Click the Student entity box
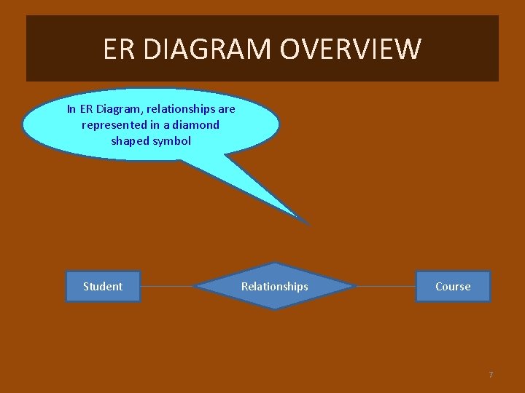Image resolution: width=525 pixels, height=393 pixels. (x=103, y=286)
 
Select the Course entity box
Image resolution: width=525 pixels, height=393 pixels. (x=453, y=286)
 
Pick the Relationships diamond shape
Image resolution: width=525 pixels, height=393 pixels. (x=275, y=286)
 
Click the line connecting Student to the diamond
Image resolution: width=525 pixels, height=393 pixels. (x=168, y=286)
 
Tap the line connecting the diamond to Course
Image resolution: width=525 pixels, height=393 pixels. (x=386, y=286)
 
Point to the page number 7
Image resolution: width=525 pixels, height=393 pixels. (x=491, y=375)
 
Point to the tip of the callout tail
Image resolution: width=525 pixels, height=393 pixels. (x=308, y=223)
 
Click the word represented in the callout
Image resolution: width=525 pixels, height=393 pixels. (x=114, y=125)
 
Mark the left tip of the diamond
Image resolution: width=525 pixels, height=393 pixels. (x=196, y=286)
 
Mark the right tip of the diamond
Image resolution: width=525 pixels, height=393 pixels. (x=356, y=286)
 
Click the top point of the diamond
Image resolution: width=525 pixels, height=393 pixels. (x=275, y=263)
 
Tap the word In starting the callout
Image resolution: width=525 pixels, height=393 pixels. (x=71, y=109)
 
